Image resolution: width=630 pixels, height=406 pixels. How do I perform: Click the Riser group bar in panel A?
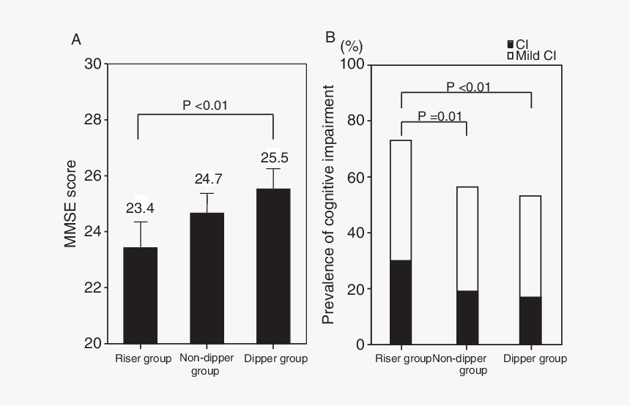click(x=140, y=296)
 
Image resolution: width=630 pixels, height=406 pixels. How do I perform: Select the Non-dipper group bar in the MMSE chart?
click(x=207, y=278)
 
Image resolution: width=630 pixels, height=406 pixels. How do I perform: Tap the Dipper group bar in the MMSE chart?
click(x=273, y=266)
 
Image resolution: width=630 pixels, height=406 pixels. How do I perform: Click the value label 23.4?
click(x=140, y=208)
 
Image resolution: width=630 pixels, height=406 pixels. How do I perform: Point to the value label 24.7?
click(x=207, y=179)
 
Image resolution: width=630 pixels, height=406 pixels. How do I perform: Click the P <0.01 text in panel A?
click(x=205, y=105)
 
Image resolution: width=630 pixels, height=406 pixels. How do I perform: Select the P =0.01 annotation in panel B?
click(x=440, y=116)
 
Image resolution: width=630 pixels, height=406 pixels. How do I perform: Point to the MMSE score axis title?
click(x=70, y=203)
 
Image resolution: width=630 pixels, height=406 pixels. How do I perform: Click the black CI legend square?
click(x=511, y=45)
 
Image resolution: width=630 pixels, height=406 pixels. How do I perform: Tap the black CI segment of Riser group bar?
click(x=400, y=302)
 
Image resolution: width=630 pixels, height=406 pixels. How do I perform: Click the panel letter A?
click(x=75, y=40)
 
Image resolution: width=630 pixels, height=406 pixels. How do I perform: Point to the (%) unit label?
click(x=352, y=45)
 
